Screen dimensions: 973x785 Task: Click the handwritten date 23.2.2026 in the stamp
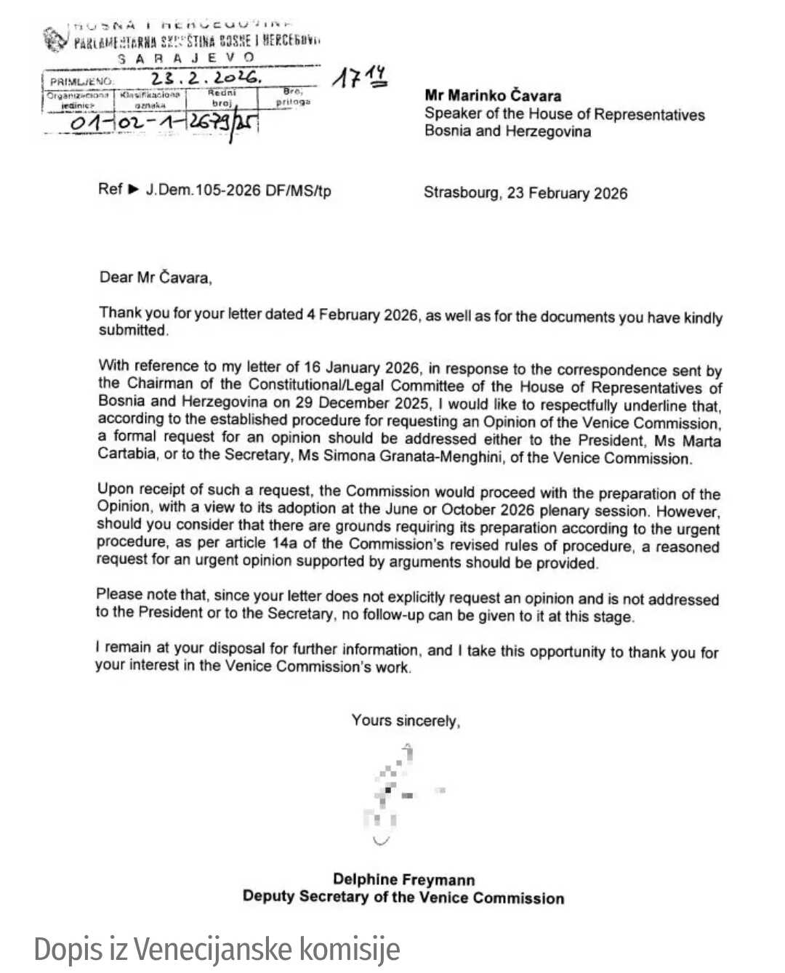205,78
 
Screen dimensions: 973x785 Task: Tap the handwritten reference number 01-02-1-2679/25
163,122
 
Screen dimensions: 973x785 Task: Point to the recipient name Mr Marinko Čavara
493,95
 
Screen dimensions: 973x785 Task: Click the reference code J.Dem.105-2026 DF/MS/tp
238,190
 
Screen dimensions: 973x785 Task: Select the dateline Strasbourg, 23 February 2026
525,193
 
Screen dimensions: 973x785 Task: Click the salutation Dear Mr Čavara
156,277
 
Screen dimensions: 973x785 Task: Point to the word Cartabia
127,453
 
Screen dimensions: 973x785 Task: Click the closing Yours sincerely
406,720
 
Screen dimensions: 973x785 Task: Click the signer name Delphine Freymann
403,879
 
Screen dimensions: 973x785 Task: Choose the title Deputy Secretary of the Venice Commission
403,897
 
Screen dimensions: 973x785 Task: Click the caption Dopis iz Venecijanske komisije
217,949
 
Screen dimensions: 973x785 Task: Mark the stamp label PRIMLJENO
81,81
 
